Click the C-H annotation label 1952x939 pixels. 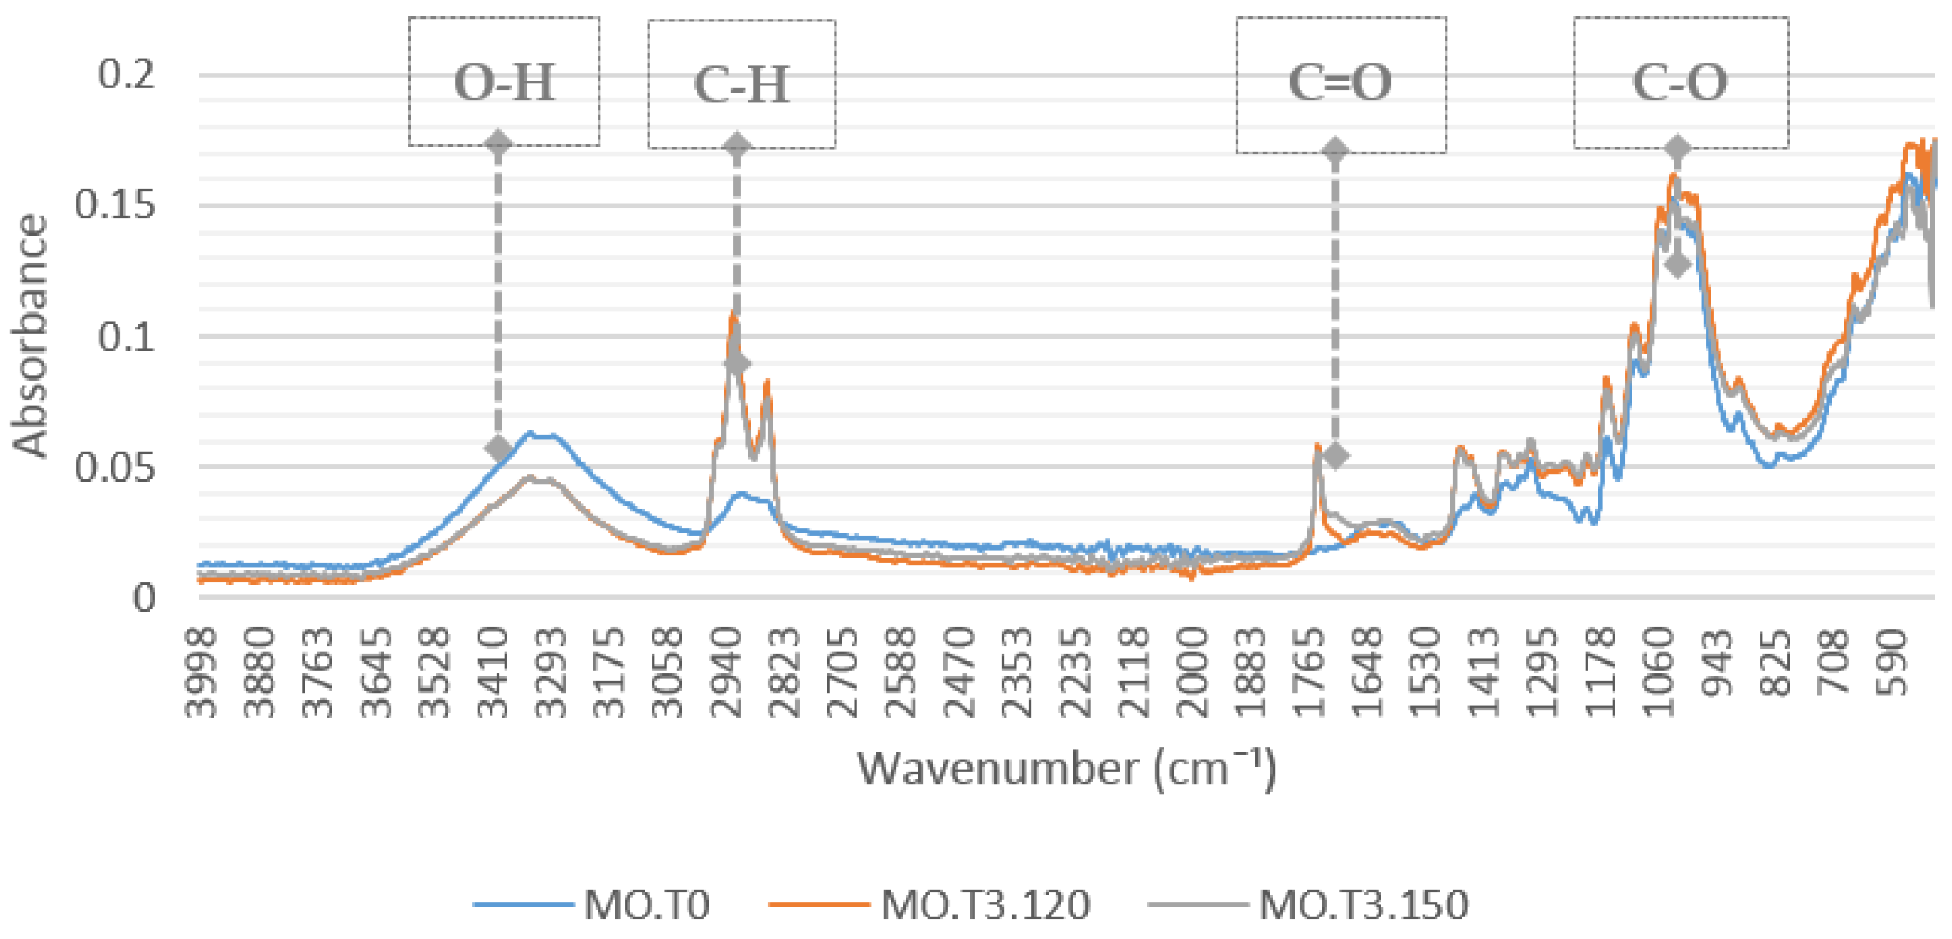pyautogui.click(x=741, y=84)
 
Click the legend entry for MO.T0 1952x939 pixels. pyautogui.click(x=646, y=905)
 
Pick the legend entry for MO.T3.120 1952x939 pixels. pyautogui.click(x=985, y=905)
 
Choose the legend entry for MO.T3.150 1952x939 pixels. pyautogui.click(x=1363, y=905)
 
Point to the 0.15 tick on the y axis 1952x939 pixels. pyautogui.click(x=114, y=205)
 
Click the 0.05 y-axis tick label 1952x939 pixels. pyautogui.click(x=114, y=467)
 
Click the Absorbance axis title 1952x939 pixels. pyautogui.click(x=29, y=336)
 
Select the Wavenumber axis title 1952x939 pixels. pyautogui.click(x=1066, y=768)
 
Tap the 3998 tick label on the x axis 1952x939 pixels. pyautogui.click(x=202, y=672)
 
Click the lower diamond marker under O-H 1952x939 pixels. pyautogui.click(x=499, y=448)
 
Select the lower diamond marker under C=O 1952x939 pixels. pyautogui.click(x=1335, y=456)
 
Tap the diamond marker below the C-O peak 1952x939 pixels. pyautogui.click(x=1677, y=265)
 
